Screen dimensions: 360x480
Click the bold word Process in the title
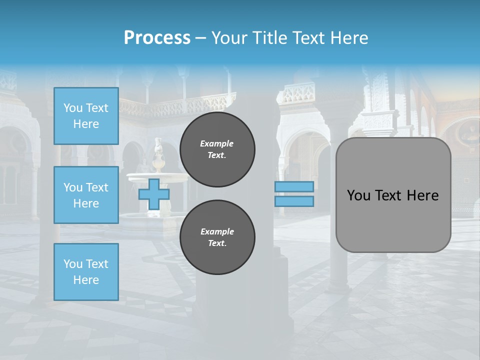coord(157,37)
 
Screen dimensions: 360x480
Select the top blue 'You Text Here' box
coord(86,116)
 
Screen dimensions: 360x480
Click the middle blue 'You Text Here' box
coord(86,195)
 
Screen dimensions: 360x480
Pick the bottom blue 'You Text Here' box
coord(86,271)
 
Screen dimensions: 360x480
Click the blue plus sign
coord(154,194)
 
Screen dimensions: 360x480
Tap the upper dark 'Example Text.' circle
coord(217,149)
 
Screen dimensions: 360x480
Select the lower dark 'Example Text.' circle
coord(217,237)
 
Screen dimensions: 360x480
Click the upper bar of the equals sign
coord(294,186)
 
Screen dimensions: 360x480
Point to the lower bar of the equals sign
coord(294,201)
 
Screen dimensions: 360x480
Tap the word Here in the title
coord(350,37)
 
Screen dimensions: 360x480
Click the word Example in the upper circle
coord(217,143)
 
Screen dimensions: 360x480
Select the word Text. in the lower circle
coord(217,243)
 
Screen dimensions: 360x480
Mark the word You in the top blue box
coord(72,108)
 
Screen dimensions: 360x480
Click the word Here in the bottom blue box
coord(86,280)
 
